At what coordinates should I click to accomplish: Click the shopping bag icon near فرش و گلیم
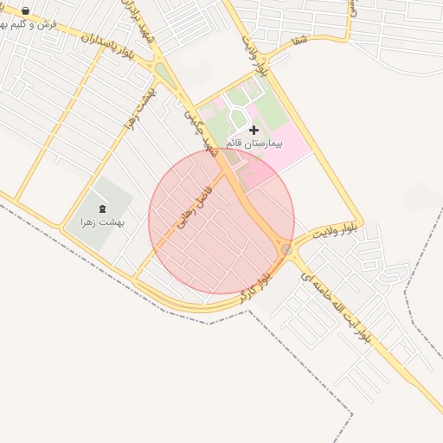(26, 12)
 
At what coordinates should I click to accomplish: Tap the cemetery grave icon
(102, 209)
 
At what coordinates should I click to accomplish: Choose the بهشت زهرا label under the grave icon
(102, 222)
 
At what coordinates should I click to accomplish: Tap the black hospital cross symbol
(254, 130)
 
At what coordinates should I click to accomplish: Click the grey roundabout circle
(286, 249)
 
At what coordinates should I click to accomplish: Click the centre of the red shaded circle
(221, 221)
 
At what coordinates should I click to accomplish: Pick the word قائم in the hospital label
(235, 142)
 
